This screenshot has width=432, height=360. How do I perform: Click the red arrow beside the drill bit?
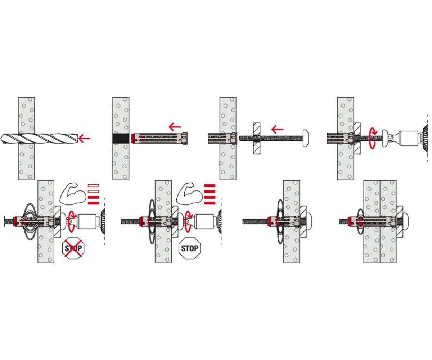click(84, 138)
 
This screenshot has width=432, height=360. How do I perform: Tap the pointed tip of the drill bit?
click(1, 138)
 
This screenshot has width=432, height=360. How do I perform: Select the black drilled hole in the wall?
click(121, 138)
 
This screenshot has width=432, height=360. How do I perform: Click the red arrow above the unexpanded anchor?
click(175, 126)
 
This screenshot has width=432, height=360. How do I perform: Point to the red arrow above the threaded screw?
click(277, 130)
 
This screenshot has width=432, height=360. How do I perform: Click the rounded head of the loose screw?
click(306, 138)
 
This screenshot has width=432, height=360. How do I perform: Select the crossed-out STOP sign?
click(73, 248)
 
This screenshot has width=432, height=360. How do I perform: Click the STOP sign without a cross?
click(190, 248)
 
